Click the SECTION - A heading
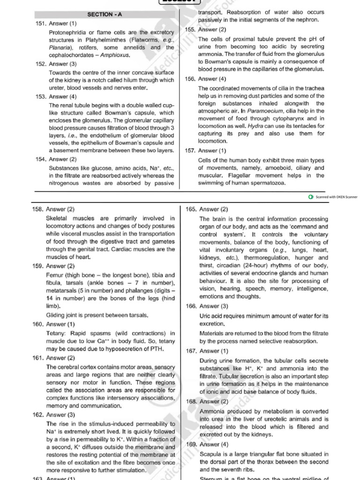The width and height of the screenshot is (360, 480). click(105, 15)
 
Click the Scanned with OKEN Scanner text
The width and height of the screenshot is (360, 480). click(336, 197)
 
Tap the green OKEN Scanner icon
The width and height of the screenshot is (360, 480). click(311, 197)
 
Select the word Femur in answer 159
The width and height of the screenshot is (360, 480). click(56, 275)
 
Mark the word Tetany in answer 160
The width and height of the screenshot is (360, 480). click(56, 332)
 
